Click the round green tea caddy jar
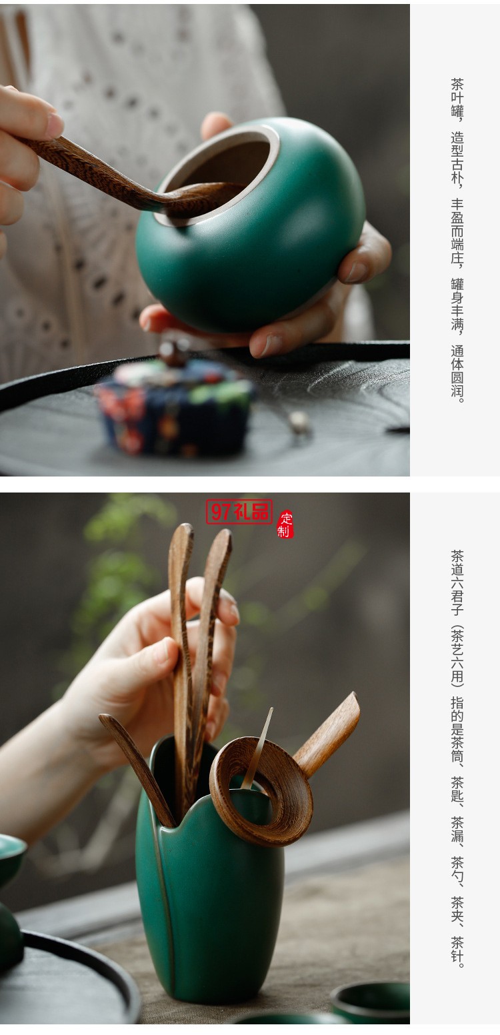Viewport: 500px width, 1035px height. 267,253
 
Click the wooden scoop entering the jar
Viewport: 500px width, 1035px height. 100,170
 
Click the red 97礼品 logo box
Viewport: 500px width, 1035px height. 239,511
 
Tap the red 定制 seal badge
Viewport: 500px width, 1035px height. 285,524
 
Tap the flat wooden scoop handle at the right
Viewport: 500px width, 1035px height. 330,733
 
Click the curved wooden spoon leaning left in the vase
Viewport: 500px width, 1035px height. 137,766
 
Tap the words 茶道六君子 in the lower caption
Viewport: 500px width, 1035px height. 457,583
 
